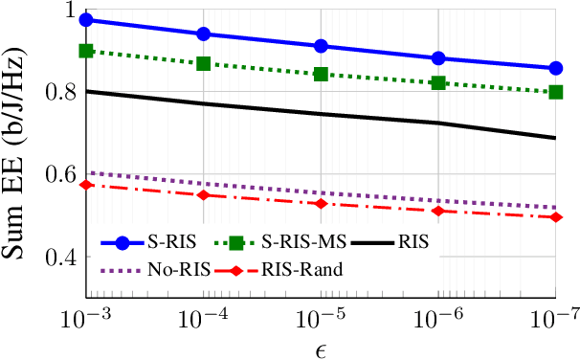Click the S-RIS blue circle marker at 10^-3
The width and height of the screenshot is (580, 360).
tap(86, 19)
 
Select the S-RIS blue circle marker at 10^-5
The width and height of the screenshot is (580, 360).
tap(321, 46)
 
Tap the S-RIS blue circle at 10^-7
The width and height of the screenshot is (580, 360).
tap(556, 68)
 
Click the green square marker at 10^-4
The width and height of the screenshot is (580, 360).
tap(203, 63)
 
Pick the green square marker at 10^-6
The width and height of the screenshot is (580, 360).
tap(438, 83)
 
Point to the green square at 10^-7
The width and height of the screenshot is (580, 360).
tap(556, 92)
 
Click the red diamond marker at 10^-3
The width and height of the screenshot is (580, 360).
tap(86, 184)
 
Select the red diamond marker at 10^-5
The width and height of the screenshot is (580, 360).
tap(321, 203)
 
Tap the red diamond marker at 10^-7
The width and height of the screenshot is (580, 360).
tap(556, 217)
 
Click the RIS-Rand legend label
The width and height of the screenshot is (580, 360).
tap(309, 270)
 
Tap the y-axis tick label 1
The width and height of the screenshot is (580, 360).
tap(67, 11)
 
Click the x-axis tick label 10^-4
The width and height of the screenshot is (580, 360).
tap(203, 318)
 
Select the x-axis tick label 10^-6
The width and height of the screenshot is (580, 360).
tap(438, 318)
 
